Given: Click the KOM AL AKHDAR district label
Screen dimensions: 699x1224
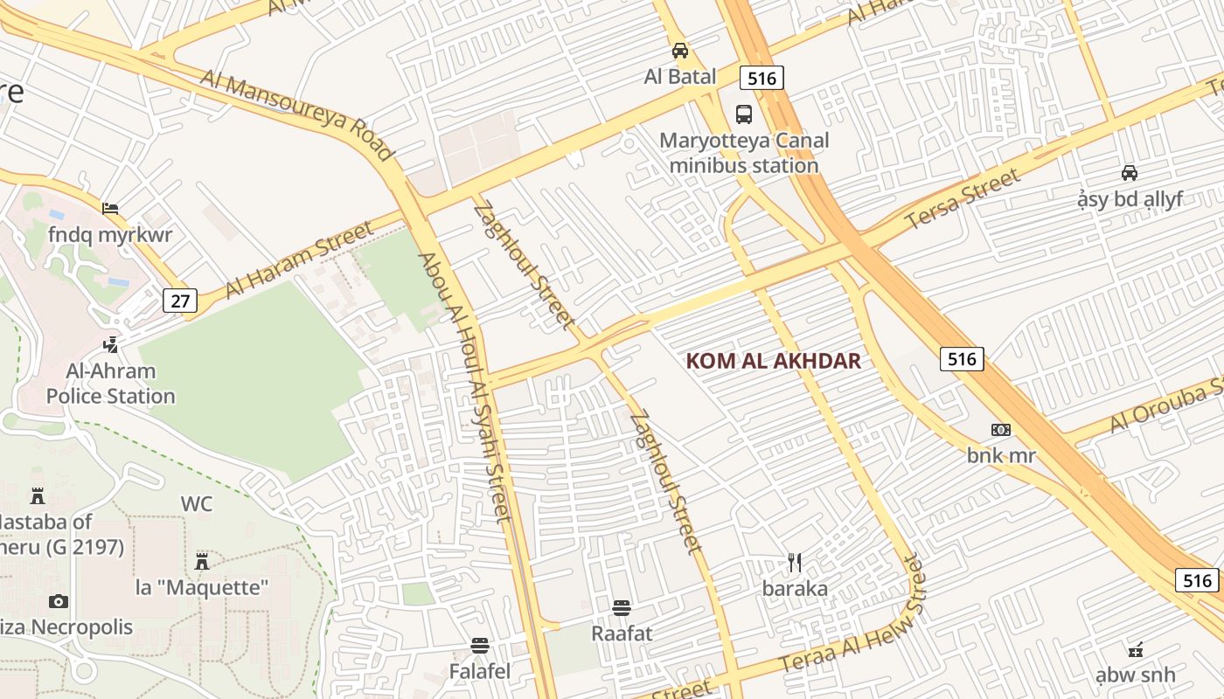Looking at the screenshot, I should point(774,361).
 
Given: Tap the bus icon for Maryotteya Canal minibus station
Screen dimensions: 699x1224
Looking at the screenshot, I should point(744,114).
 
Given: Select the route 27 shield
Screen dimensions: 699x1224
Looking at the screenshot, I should point(180,301).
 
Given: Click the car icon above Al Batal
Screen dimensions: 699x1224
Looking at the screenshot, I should point(680,51).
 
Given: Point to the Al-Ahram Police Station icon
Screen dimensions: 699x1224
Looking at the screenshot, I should point(110,344).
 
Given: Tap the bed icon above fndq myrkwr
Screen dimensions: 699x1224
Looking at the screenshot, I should point(110,208).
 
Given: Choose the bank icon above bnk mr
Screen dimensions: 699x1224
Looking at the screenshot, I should point(1001,429).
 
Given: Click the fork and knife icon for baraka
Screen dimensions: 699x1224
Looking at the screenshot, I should point(795,562).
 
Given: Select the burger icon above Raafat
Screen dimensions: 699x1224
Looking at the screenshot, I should point(622,606).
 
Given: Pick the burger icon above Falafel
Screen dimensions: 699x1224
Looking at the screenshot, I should point(479,646).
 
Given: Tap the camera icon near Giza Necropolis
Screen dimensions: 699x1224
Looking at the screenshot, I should point(59,601).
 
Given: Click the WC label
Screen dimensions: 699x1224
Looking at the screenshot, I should point(197,504).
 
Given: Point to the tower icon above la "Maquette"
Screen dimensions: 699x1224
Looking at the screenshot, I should point(202,560).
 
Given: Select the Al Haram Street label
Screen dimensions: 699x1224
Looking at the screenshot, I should point(300,260).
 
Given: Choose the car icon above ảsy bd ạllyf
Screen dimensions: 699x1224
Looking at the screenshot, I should point(1130,172).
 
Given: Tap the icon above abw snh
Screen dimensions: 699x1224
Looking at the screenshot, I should point(1136,649).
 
